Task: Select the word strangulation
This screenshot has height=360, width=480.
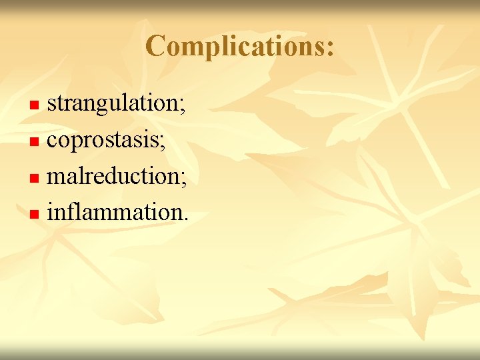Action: click(113, 104)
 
